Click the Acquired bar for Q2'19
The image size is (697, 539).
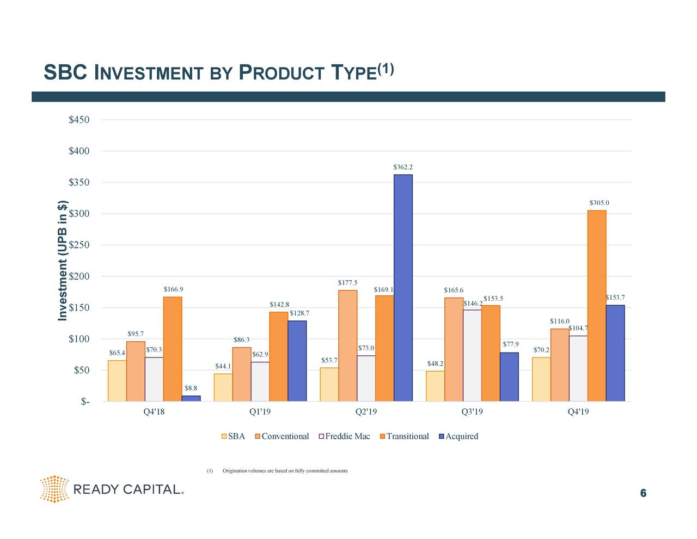point(403,288)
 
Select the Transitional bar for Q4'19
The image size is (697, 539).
point(597,306)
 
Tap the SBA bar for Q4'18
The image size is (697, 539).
point(117,381)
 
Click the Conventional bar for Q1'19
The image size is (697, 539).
point(241,374)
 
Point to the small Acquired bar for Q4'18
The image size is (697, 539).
point(191,398)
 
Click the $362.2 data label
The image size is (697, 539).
point(403,167)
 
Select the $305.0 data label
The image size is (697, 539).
point(599,203)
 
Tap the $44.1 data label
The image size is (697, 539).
point(223,366)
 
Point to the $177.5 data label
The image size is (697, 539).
point(347,282)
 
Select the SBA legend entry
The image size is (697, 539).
point(233,436)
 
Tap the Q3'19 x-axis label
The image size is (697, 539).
point(472,412)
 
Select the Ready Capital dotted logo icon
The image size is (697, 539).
point(54,488)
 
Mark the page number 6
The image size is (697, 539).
point(643,493)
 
